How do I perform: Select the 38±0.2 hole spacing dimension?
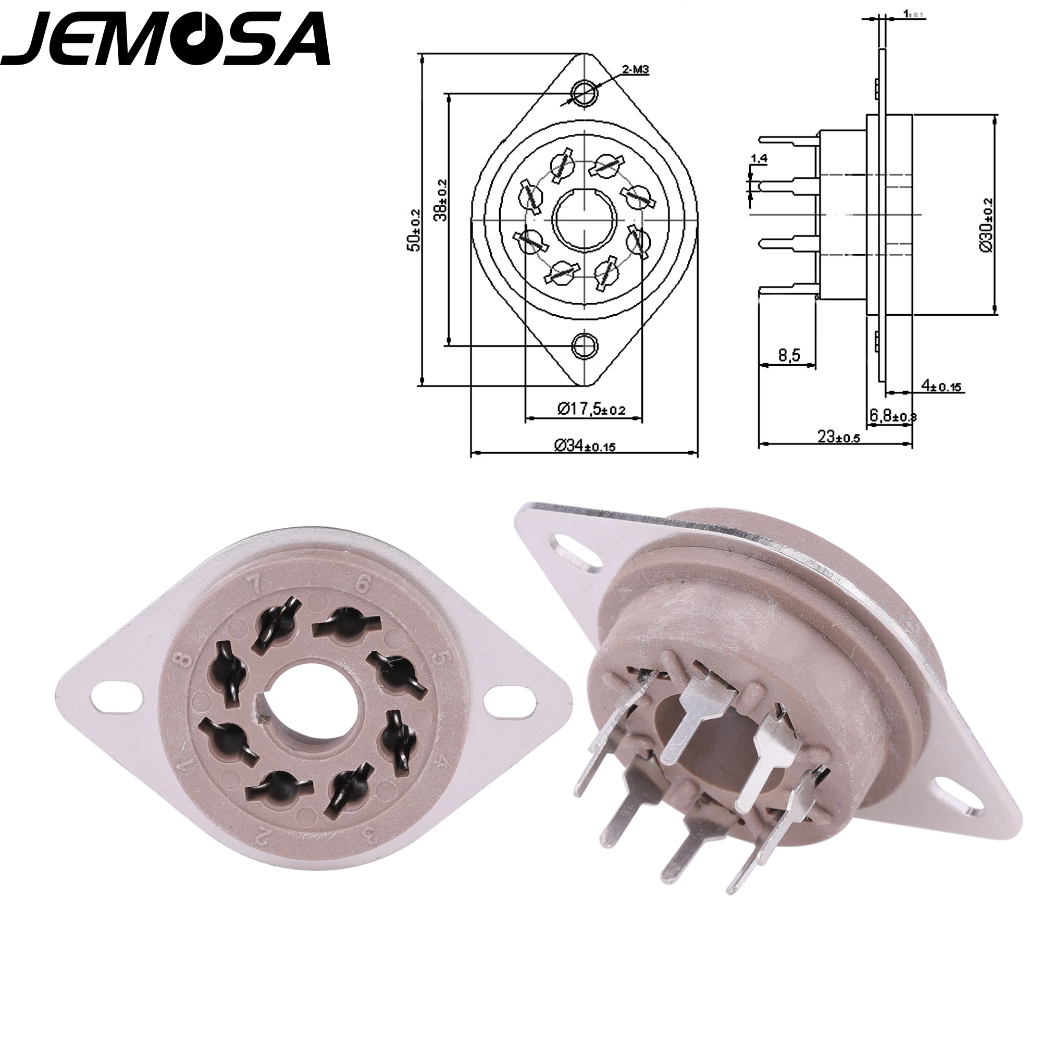click(x=442, y=200)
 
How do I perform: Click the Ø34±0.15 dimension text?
click(x=585, y=445)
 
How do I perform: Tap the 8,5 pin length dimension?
click(x=789, y=356)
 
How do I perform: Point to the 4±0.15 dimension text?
click(x=941, y=386)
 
